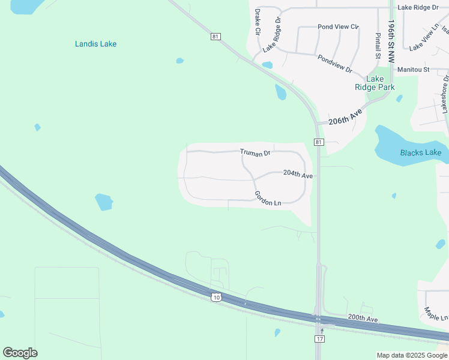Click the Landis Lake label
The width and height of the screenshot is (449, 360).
click(x=95, y=44)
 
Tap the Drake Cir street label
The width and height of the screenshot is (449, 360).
click(x=258, y=21)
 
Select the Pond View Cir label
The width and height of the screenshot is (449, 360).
click(x=338, y=27)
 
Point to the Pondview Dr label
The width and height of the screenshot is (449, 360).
click(x=335, y=64)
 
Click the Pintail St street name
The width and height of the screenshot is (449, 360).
click(x=378, y=46)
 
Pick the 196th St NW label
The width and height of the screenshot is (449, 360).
click(x=391, y=41)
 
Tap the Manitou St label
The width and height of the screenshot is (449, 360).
click(x=413, y=70)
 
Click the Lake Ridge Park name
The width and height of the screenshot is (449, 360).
click(x=375, y=83)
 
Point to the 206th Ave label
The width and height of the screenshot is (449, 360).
click(x=346, y=117)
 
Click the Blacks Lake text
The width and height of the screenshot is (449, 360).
click(x=421, y=152)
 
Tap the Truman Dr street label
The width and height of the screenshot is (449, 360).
click(x=255, y=153)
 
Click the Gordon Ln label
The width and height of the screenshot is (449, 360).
click(x=268, y=199)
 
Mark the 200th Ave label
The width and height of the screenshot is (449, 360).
click(x=363, y=319)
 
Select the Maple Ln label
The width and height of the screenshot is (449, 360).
click(x=436, y=313)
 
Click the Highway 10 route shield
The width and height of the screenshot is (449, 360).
click(x=215, y=297)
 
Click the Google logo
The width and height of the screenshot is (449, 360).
click(x=20, y=353)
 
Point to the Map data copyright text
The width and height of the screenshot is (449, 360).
click(x=411, y=355)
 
